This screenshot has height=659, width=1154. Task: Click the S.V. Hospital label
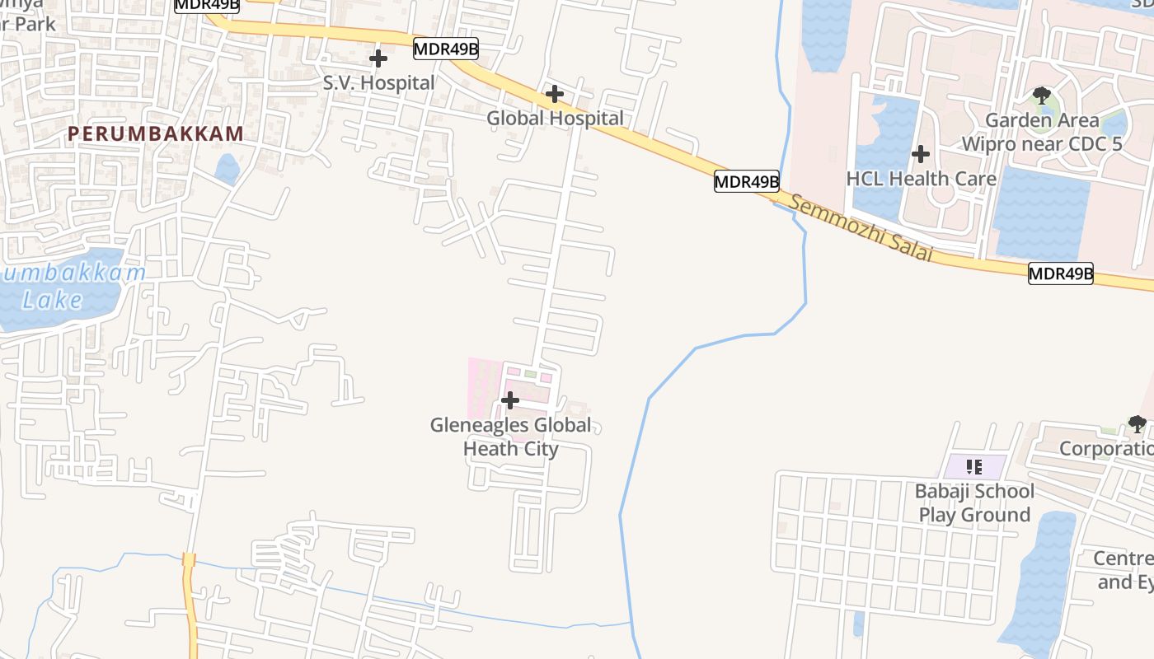tap(378, 83)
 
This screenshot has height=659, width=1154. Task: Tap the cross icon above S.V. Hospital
tap(378, 59)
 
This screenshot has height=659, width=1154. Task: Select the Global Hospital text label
tap(555, 119)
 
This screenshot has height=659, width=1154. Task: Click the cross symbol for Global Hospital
tap(555, 95)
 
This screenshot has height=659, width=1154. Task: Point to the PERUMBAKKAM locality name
tap(156, 133)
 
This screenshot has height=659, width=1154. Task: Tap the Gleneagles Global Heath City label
tap(511, 437)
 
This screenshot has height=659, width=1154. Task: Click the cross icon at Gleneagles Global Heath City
tap(510, 401)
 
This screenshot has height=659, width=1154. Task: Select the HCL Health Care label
tap(921, 179)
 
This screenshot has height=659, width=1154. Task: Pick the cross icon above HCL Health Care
tap(921, 154)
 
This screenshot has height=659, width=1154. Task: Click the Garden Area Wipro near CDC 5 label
tap(1042, 132)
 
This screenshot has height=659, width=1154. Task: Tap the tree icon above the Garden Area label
tap(1042, 95)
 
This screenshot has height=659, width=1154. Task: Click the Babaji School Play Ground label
tap(974, 502)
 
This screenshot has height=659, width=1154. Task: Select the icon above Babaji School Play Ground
tap(974, 467)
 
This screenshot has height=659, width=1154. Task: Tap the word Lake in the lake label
tap(53, 300)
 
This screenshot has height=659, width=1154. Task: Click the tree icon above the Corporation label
tap(1137, 424)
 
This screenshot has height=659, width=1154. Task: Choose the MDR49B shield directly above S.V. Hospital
tap(445, 49)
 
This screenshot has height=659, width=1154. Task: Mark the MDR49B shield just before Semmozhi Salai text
tap(746, 182)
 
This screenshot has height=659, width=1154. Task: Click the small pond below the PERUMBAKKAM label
tap(227, 169)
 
